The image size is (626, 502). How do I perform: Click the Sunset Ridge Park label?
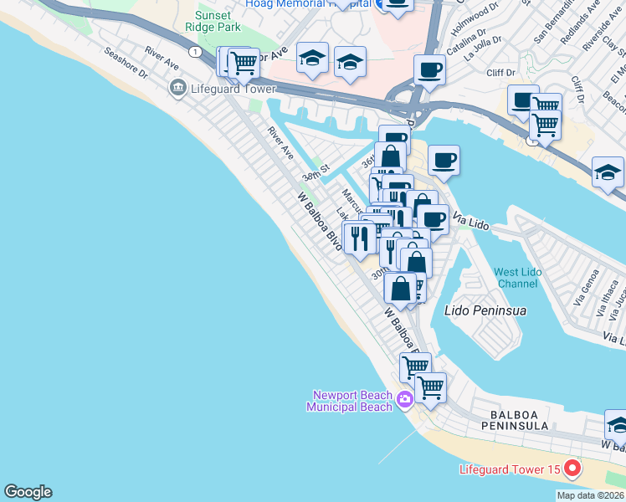[218, 22]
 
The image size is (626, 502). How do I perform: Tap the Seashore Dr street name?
[126, 63]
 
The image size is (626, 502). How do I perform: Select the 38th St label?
[317, 172]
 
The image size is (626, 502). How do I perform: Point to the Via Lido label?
[469, 222]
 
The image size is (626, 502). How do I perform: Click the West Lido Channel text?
[517, 278]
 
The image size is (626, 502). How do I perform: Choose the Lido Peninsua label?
[485, 310]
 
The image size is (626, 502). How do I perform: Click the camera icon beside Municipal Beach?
[405, 399]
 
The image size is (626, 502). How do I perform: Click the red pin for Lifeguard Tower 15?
[572, 468]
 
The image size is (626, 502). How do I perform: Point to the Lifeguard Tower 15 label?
[509, 469]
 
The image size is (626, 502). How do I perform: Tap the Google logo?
[28, 492]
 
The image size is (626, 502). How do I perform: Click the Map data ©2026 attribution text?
[590, 495]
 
